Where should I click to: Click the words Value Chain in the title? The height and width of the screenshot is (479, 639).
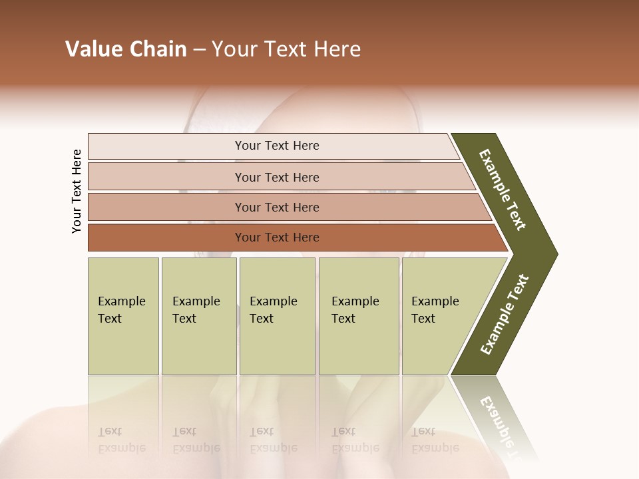click(x=126, y=49)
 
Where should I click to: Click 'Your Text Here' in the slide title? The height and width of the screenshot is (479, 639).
click(x=286, y=49)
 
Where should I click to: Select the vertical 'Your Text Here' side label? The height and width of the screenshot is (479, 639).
click(x=77, y=191)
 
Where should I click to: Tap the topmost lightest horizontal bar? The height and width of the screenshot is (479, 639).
click(x=276, y=146)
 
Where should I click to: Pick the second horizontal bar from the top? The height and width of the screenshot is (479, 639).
click(x=276, y=177)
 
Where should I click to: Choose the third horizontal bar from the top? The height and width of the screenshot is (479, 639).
click(x=276, y=207)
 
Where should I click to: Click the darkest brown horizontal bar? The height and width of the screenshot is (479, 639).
click(x=276, y=238)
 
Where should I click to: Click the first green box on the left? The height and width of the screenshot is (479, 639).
click(x=123, y=316)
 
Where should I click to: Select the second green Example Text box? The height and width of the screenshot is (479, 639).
click(x=198, y=316)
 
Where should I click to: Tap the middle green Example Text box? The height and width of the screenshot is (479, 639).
click(x=277, y=316)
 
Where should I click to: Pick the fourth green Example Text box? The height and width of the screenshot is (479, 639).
click(x=359, y=316)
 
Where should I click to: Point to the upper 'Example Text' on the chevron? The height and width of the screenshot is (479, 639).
click(x=503, y=190)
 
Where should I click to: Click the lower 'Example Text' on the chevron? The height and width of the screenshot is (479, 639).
click(x=505, y=314)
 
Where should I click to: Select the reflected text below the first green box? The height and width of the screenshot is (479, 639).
click(x=121, y=440)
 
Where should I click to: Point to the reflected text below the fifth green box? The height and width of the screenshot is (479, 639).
click(x=435, y=440)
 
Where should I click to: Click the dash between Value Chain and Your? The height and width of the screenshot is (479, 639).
click(x=199, y=50)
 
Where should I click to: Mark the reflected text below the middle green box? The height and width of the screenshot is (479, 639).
click(x=273, y=440)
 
